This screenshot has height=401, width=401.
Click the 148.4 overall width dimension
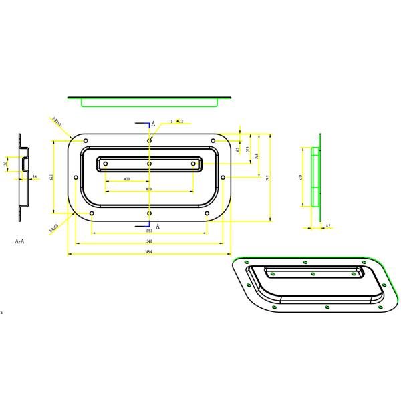coord(148,252)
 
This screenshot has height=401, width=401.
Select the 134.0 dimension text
coord(148,241)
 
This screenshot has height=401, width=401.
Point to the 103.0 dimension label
coord(148,231)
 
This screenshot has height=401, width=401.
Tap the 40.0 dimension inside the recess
coord(127,180)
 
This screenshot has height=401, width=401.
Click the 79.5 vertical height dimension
coord(267,178)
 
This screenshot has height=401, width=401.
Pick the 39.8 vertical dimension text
coord(257,156)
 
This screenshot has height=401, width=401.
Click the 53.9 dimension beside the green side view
coord(300,178)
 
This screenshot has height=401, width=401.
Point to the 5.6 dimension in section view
coord(34,177)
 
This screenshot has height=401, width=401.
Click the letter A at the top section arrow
coord(153,124)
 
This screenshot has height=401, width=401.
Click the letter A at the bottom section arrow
coord(158,227)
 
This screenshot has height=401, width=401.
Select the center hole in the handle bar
coord(149,163)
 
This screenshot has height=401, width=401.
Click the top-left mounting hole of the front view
coord(86,140)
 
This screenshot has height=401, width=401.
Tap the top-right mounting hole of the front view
coord(213,140)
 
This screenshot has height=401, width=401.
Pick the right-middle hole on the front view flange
coord(223,178)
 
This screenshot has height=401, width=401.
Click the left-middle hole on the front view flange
coord(76,178)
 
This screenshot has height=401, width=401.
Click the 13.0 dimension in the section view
coord(6,164)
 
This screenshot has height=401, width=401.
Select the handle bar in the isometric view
coord(313,272)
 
